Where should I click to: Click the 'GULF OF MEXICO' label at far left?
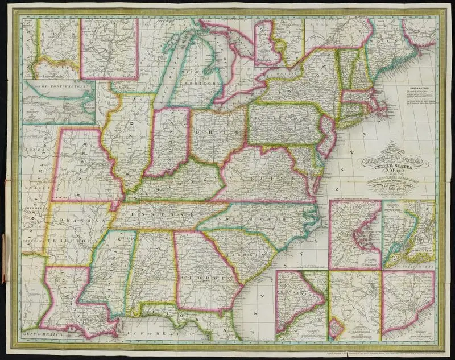[38, 330]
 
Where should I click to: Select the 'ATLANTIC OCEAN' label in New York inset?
[411, 262]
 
